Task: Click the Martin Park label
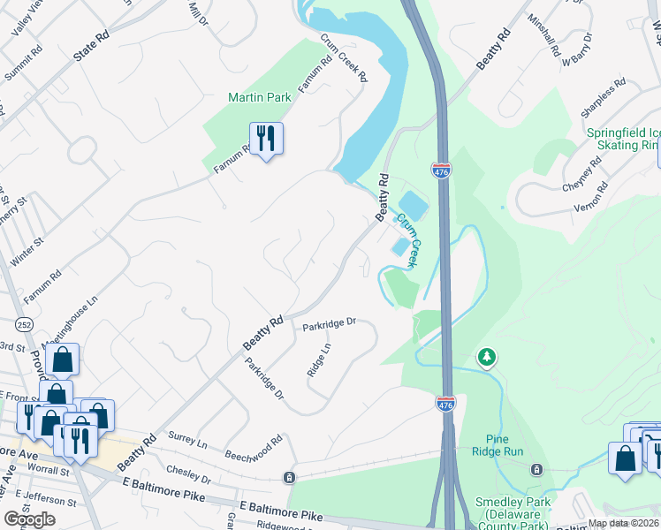coord(259,96)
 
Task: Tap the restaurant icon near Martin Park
coord(265,139)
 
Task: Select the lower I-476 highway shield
coord(446,403)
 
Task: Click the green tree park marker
coord(485,357)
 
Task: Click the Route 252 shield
coord(26,324)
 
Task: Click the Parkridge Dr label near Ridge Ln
coord(328,325)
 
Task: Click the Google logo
coord(30,519)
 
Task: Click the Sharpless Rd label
coord(602,99)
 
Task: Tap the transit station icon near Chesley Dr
coord(289,478)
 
